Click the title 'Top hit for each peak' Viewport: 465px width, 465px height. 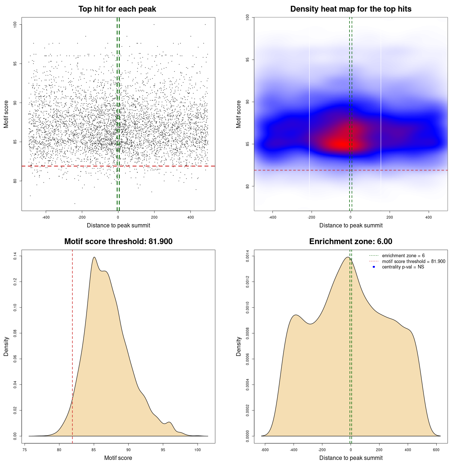(x=117, y=9)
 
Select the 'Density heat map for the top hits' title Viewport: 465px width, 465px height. (x=351, y=9)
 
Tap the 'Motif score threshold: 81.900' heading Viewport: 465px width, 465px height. (x=118, y=242)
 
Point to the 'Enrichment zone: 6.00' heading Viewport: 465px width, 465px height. (x=351, y=242)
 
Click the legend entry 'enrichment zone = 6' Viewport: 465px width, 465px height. (x=403, y=256)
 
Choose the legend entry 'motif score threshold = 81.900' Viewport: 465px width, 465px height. (x=413, y=261)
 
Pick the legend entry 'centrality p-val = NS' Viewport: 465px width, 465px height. (x=403, y=267)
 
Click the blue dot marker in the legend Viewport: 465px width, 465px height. (x=374, y=267)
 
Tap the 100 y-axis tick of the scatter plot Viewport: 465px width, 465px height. (x=15, y=24)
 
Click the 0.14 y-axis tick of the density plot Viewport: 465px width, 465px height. (x=15, y=256)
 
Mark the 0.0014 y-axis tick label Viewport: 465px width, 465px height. (x=247, y=256)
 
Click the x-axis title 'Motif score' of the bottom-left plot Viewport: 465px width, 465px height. (x=118, y=458)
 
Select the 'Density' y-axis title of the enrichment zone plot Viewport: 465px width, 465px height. (x=239, y=346)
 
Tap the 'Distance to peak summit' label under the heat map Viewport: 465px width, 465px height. (x=351, y=225)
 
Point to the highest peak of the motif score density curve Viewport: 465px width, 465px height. (x=94, y=257)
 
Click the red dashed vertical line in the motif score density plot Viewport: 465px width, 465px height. (x=72, y=345)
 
